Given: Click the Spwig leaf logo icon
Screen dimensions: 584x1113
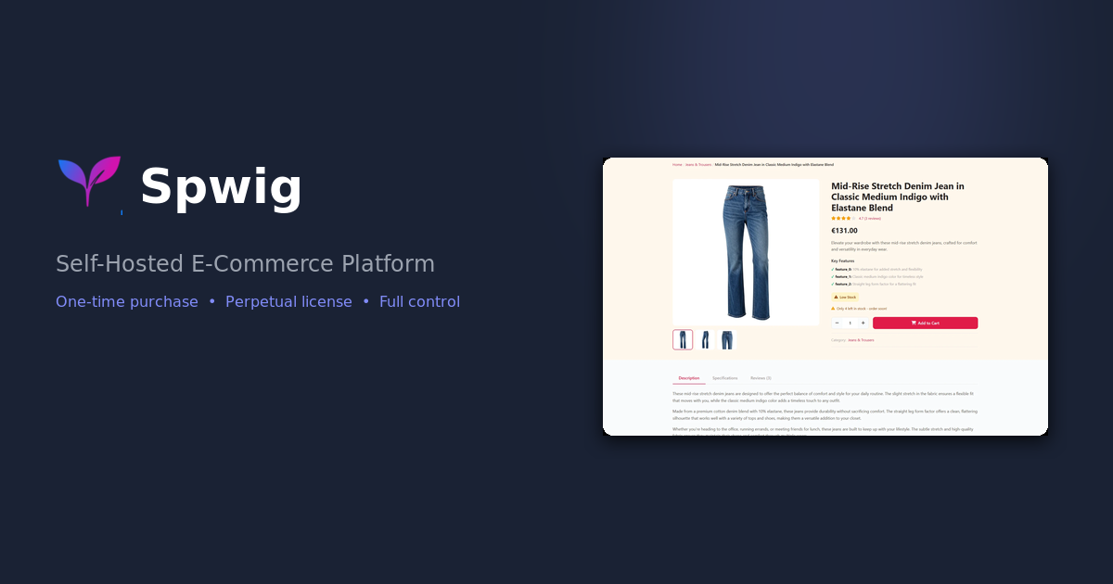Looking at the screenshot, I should tap(89, 180).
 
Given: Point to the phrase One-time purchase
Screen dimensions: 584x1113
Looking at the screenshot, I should tap(127, 301).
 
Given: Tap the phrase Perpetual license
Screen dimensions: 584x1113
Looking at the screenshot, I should tap(288, 301).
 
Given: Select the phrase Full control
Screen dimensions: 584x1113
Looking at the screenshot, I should tap(419, 301).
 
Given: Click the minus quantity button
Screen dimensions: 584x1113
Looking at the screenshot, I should tap(837, 323).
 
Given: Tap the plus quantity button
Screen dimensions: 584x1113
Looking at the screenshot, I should tap(863, 323).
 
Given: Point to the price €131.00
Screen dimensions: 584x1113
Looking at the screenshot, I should tap(844, 231).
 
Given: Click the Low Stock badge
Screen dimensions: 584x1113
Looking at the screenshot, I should tap(845, 297).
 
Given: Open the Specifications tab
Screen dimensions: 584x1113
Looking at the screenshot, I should tap(724, 378).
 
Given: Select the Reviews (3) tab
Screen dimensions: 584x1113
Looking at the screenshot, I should tap(761, 378).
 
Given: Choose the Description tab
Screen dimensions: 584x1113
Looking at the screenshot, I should tap(689, 378).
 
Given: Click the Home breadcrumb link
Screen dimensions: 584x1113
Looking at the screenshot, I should tap(677, 165).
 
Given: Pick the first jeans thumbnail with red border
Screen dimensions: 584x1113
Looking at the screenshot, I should tap(683, 339).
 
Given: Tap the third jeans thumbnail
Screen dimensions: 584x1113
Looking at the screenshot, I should tap(726, 339).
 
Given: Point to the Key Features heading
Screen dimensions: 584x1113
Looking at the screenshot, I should tap(843, 260).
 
